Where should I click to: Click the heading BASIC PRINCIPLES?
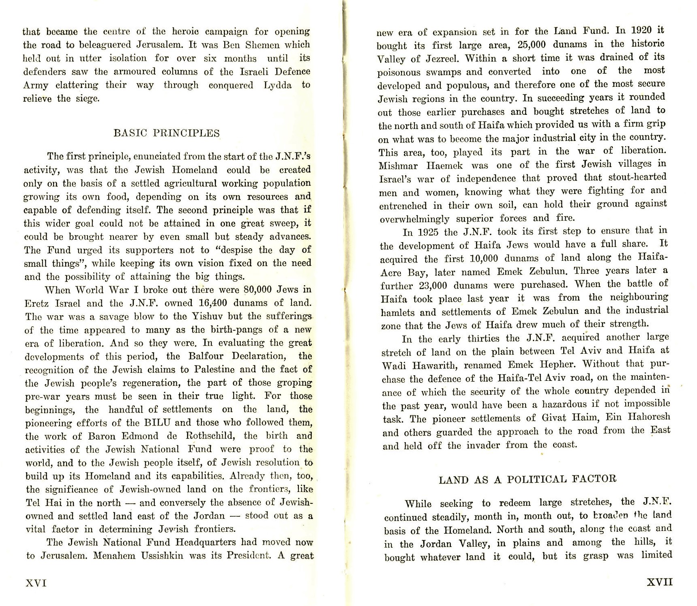click(167, 133)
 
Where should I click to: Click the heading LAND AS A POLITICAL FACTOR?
click(528, 479)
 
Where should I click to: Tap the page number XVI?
click(36, 583)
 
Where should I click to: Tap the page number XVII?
click(659, 582)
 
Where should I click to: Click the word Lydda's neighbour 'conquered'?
click(231, 86)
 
